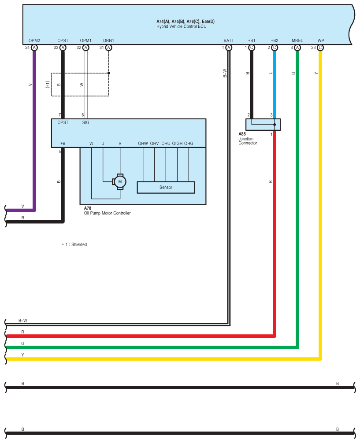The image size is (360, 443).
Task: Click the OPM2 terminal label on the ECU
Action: pos(34,41)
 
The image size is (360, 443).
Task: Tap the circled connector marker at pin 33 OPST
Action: pos(63,48)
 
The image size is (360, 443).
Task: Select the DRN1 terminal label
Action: pos(108,41)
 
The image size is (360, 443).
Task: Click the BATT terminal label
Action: pos(228,41)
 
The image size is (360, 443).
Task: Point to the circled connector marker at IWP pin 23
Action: pos(320,48)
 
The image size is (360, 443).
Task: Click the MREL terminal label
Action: pos(297,41)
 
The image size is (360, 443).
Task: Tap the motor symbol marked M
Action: pos(119,181)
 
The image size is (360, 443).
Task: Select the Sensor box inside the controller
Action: pos(166,188)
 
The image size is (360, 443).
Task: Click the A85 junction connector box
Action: pos(263,125)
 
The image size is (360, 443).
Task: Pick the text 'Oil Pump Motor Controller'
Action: pos(107,213)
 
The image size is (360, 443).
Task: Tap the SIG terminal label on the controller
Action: pos(85,123)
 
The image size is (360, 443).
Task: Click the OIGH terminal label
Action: pos(177,144)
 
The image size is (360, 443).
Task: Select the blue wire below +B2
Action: pos(275,84)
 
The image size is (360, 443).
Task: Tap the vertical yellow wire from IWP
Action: pos(320,198)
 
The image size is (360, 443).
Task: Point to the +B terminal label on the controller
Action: pos(63,144)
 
